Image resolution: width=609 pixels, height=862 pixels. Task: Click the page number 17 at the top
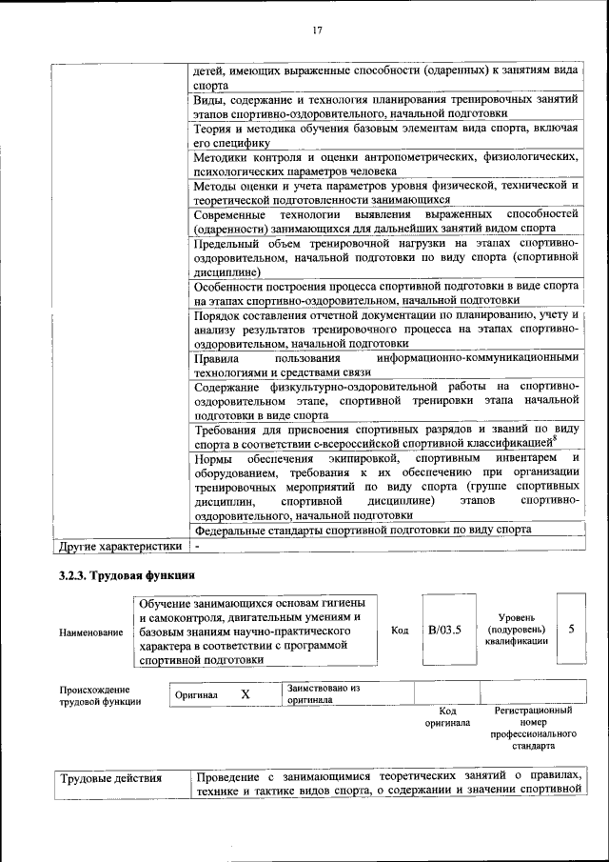click(x=317, y=30)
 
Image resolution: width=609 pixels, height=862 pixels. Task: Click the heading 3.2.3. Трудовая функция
click(x=127, y=575)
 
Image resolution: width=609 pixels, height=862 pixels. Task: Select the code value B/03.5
click(x=443, y=630)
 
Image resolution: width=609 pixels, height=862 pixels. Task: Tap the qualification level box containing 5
click(x=570, y=630)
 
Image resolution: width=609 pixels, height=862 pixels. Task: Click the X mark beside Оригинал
click(x=245, y=694)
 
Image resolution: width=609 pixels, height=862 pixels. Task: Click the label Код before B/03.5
click(x=400, y=630)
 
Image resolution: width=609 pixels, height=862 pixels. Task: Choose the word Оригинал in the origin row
click(x=197, y=695)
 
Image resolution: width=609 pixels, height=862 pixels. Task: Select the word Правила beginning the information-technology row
click(x=216, y=358)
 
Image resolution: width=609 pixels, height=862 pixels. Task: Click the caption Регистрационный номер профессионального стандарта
click(x=533, y=729)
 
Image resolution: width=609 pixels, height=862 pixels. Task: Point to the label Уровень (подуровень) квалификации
click(x=515, y=630)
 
